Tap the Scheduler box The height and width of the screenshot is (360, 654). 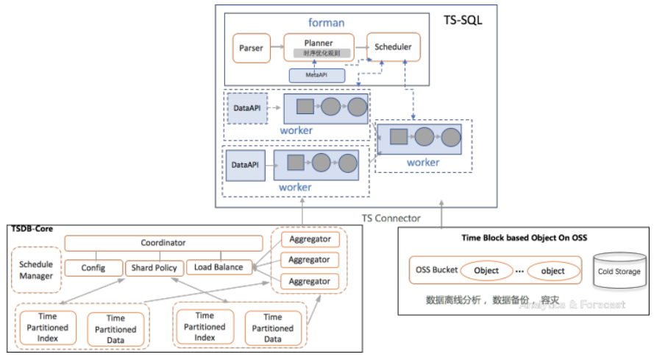point(393,47)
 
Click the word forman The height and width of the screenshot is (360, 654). point(326,23)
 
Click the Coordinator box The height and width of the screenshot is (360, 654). point(163,243)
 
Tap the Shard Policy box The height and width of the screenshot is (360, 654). point(153,268)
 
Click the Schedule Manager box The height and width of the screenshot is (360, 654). point(36,270)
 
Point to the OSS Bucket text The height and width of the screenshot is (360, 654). point(434,271)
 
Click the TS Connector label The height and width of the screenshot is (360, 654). point(391,218)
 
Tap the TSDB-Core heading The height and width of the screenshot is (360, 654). point(31,229)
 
